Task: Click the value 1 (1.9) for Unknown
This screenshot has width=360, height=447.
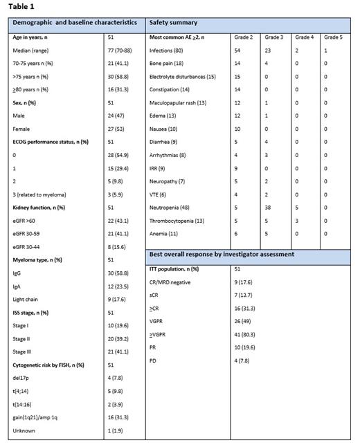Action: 116,430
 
